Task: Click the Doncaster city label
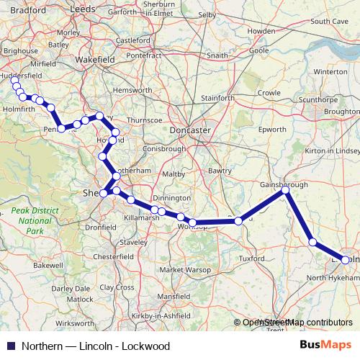click(190, 130)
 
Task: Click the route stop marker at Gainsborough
click(285, 190)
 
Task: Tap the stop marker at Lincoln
click(346, 260)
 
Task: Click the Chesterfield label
click(114, 256)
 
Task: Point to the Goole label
click(258, 51)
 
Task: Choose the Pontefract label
click(144, 55)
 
